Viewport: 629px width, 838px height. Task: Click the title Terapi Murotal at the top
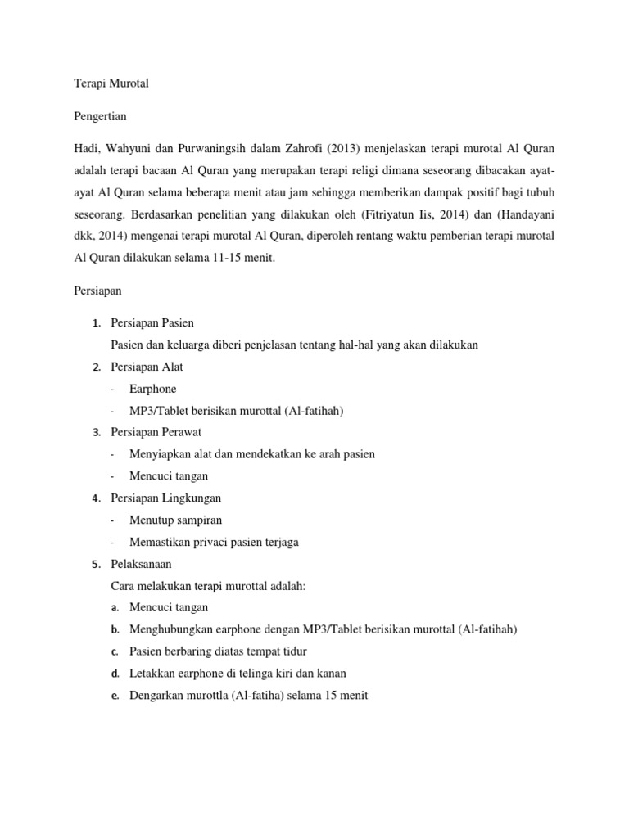tap(111, 83)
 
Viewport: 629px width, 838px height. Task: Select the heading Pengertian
tap(100, 116)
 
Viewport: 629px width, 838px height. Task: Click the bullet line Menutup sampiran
tap(175, 520)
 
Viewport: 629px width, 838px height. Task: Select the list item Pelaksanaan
tap(141, 564)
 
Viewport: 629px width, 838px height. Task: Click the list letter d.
tap(115, 674)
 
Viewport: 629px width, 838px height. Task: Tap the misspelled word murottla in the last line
tap(210, 695)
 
